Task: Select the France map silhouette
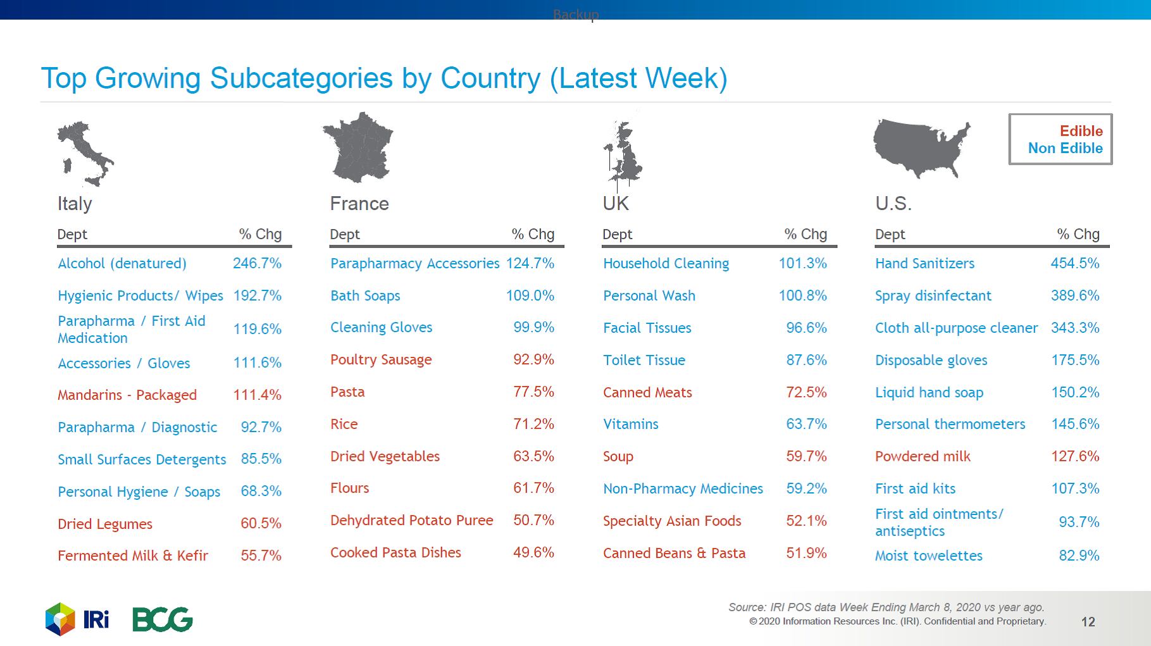pos(358,147)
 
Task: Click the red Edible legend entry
pos(1081,131)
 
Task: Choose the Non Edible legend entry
pos(1065,148)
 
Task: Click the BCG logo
pos(162,619)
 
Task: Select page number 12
pos(1088,622)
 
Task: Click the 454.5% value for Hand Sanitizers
pos(1074,263)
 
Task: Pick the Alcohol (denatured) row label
pos(122,263)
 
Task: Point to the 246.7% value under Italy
pos(257,263)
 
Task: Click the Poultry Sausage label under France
pos(381,359)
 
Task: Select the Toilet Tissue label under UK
pos(644,360)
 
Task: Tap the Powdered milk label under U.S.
pos(922,456)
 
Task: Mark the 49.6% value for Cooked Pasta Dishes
pos(533,552)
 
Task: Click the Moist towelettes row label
pos(928,556)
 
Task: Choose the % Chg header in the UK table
pos(806,234)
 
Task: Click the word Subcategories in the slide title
pos(301,78)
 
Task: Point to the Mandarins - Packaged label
pos(127,395)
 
